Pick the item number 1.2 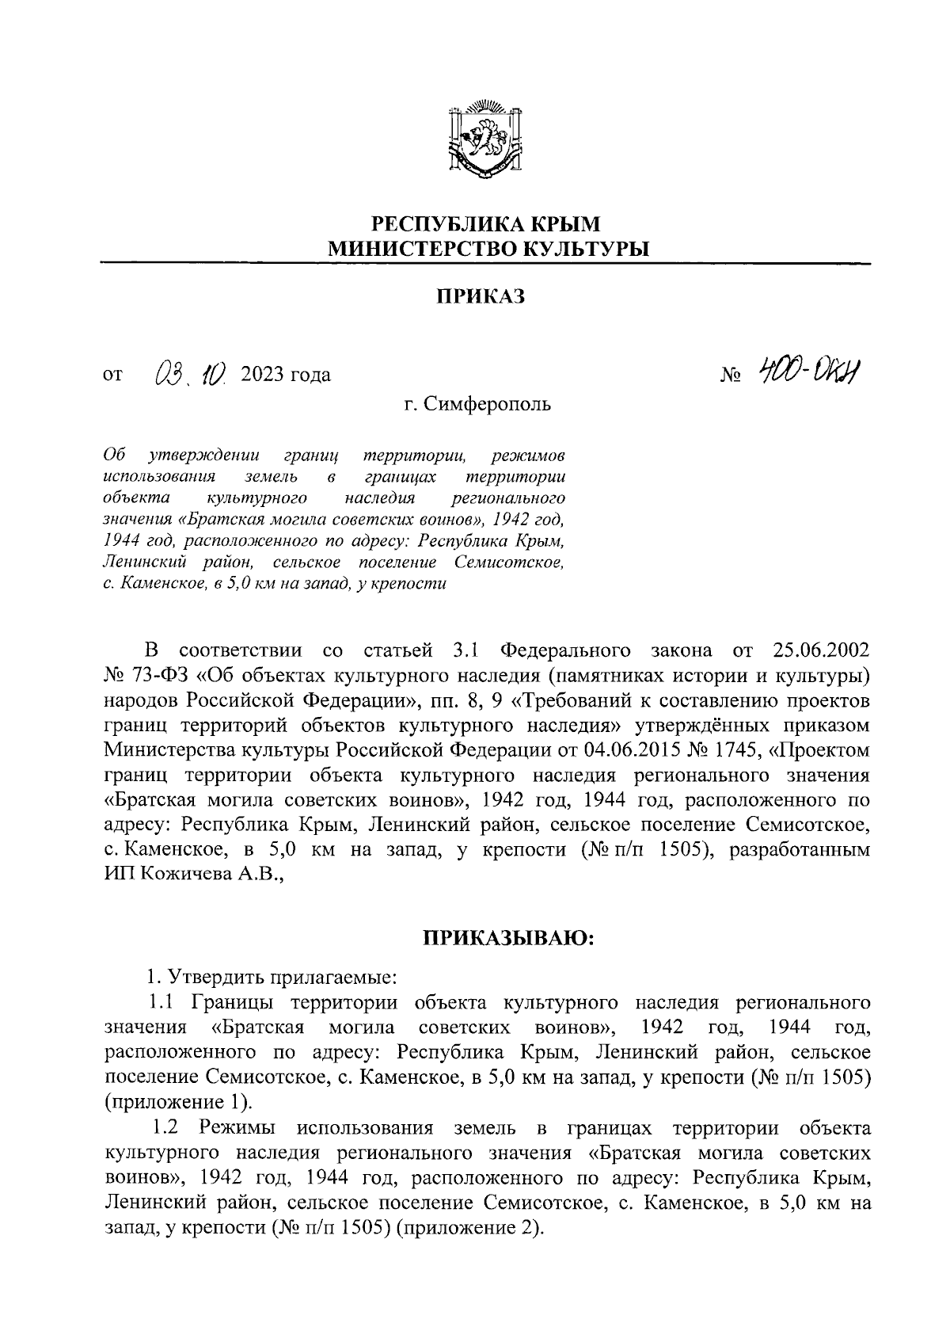pyautogui.click(x=169, y=1127)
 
